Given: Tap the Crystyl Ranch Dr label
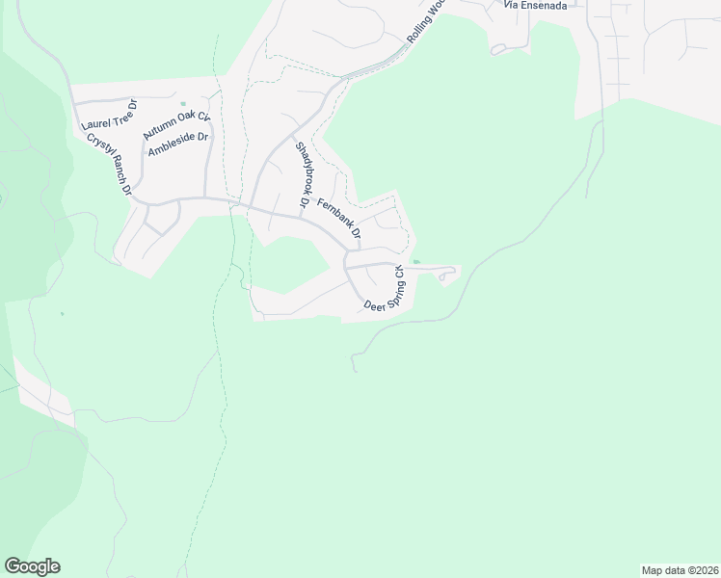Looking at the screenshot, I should (x=108, y=165).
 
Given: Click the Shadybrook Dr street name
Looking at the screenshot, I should (x=301, y=175).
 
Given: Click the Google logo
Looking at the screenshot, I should (x=32, y=566).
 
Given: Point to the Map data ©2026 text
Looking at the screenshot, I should (x=680, y=569).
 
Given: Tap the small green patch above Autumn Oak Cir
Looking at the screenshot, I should (x=183, y=104).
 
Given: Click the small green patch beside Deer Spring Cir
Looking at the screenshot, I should (x=415, y=261).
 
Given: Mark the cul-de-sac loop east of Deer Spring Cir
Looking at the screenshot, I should (x=444, y=276).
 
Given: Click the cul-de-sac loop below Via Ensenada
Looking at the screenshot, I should (x=498, y=48).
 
